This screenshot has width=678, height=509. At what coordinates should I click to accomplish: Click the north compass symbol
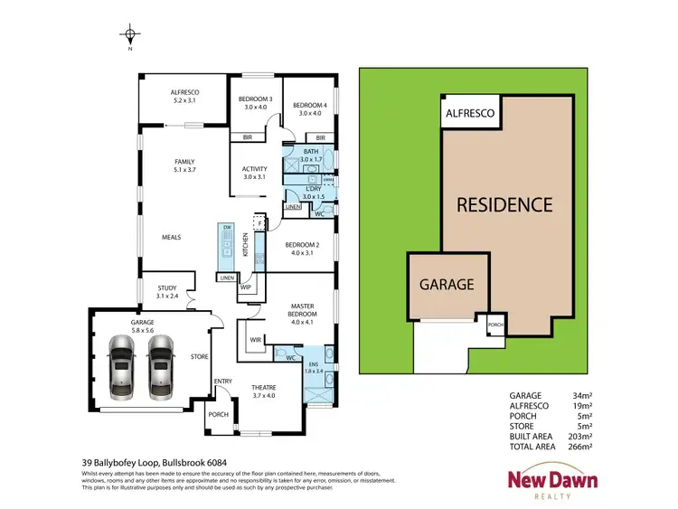131,36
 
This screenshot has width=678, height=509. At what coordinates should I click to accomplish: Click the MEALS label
172,237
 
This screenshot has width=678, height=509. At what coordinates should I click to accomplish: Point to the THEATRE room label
265,391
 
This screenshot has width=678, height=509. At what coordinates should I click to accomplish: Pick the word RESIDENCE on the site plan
504,204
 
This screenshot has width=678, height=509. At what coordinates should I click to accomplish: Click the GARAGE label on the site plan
447,284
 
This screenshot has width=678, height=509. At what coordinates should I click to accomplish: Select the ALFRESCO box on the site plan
467,113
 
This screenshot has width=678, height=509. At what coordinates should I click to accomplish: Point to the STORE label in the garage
200,356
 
